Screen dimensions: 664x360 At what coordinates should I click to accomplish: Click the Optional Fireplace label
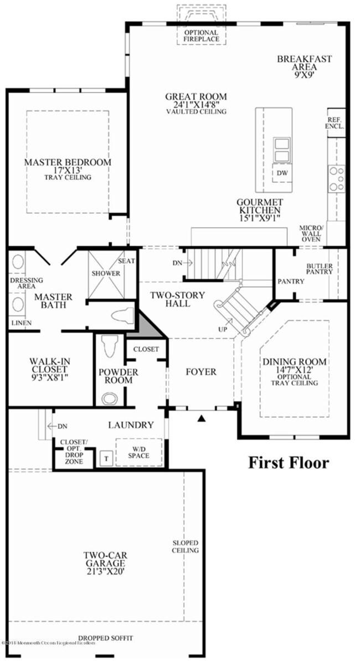click(201, 36)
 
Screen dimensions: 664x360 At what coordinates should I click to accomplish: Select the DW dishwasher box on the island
click(282, 173)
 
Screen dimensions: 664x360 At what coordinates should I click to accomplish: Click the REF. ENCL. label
click(336, 122)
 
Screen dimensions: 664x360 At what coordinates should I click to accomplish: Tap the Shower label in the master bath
click(106, 273)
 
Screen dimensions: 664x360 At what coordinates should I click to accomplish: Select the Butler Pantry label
click(320, 269)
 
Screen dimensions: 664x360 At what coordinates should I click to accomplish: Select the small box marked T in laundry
click(105, 459)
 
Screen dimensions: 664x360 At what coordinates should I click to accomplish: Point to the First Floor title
click(288, 462)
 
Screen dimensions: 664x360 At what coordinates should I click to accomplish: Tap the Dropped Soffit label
click(105, 638)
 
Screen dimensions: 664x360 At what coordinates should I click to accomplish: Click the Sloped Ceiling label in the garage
click(185, 546)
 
